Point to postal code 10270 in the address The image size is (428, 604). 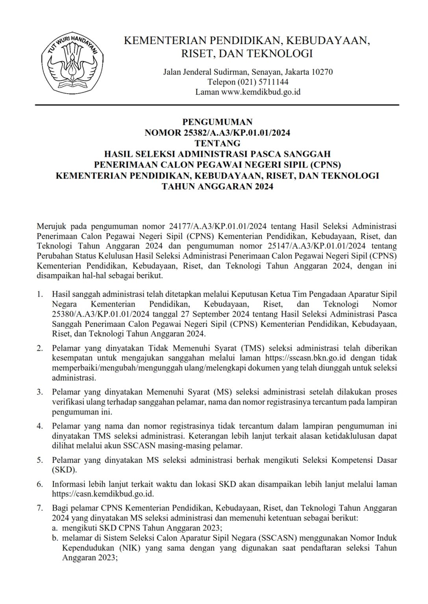[x=322, y=72]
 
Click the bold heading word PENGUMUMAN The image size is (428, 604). [x=217, y=122]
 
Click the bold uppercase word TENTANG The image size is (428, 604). [x=217, y=143]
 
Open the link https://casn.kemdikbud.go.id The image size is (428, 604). [x=103, y=494]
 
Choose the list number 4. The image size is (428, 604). [x=40, y=426]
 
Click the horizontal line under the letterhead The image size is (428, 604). [x=217, y=105]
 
